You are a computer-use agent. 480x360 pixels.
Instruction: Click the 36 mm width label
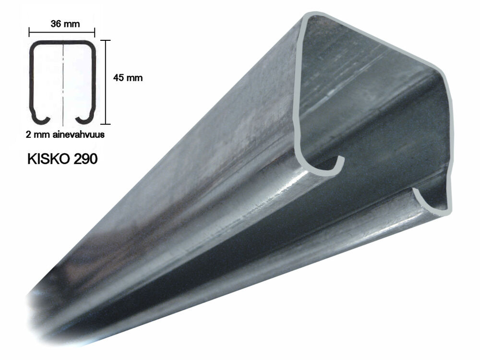(x=65, y=24)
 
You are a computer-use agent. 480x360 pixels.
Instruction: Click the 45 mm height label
(x=128, y=78)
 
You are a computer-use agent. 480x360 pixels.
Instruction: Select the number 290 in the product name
(x=86, y=159)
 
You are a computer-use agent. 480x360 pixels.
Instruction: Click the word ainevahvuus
(x=79, y=134)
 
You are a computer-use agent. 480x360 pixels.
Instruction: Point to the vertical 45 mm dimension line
(x=106, y=82)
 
